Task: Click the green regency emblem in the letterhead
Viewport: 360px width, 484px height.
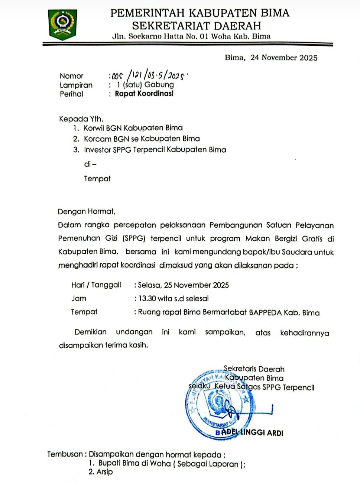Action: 62,24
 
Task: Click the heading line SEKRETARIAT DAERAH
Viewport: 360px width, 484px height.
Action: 196,26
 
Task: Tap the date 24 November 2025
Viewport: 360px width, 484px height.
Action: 284,58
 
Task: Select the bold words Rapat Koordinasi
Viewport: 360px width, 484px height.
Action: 144,94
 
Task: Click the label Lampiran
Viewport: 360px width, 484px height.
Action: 76,85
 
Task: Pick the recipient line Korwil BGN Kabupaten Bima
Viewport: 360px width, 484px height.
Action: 133,128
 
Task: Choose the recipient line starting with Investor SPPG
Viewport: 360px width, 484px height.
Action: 155,150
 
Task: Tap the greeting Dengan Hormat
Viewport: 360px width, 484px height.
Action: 87,211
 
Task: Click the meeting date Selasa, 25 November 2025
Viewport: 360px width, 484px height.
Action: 183,285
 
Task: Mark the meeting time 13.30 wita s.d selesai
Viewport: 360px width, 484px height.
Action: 173,298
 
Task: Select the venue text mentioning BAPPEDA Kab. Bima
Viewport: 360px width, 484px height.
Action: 229,312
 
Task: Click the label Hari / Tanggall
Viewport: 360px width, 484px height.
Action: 96,285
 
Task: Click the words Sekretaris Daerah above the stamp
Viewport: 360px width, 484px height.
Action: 254,369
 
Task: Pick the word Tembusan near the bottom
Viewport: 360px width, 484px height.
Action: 65,454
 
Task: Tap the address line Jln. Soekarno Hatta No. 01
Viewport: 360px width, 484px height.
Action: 191,36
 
